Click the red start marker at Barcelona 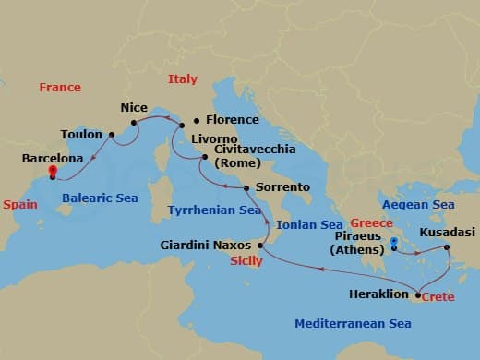pyautogui.click(x=53, y=171)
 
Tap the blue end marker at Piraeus pyautogui.click(x=394, y=244)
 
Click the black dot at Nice pyautogui.click(x=134, y=122)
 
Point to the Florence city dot pyautogui.click(x=195, y=121)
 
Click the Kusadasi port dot pyautogui.click(x=446, y=247)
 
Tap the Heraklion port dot pyautogui.click(x=418, y=295)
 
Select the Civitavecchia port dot pyautogui.click(x=204, y=158)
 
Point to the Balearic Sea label pyautogui.click(x=100, y=198)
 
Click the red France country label pyautogui.click(x=60, y=87)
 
